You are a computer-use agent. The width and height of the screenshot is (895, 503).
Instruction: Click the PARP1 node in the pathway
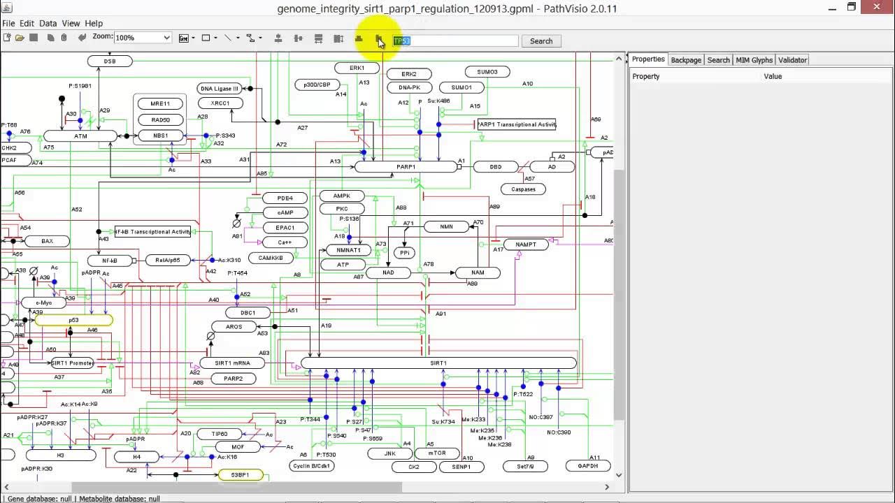(x=406, y=167)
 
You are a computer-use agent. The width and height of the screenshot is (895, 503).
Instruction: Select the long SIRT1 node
(x=438, y=363)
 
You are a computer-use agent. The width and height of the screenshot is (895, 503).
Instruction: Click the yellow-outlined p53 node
(x=73, y=320)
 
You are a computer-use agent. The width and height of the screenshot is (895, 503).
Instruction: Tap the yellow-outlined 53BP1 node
(x=240, y=475)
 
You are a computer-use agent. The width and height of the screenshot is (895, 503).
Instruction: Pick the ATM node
(x=80, y=136)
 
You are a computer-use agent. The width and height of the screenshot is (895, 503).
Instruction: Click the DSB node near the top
(x=110, y=61)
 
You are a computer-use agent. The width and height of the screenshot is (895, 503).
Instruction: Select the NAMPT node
(x=526, y=245)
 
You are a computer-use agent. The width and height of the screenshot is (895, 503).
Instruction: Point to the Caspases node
(x=523, y=189)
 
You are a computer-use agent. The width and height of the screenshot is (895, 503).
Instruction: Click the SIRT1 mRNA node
(x=234, y=363)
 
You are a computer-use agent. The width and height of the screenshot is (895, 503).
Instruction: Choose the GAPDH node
(x=588, y=466)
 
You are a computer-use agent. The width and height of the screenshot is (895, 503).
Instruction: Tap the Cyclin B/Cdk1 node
(x=312, y=466)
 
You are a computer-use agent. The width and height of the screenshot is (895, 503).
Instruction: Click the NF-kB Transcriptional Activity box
(x=152, y=232)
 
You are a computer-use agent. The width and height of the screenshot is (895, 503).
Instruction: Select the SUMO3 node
(x=487, y=72)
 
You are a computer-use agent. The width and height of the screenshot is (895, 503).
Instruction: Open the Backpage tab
(x=686, y=60)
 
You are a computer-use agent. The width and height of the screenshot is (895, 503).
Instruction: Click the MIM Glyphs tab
(x=754, y=60)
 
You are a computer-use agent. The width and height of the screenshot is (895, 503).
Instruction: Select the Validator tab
(x=792, y=60)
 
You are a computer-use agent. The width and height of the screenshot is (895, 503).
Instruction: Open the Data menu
(x=48, y=23)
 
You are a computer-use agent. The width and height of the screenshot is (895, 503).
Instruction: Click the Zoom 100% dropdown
(x=143, y=38)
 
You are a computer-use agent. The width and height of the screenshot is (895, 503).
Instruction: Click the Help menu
(x=94, y=23)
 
